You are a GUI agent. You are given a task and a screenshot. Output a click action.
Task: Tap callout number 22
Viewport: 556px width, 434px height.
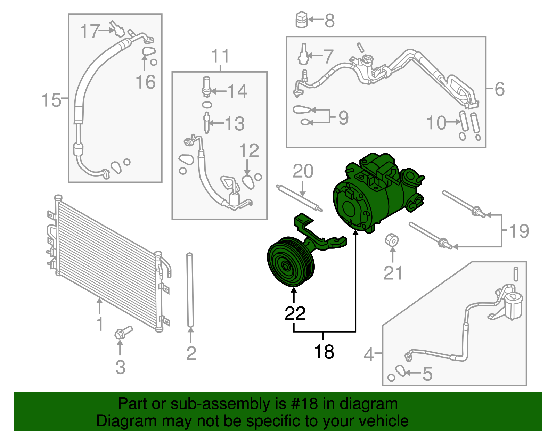pyautogui.click(x=295, y=313)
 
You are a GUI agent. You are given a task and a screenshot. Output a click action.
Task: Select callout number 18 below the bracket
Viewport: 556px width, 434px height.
pyautogui.click(x=324, y=351)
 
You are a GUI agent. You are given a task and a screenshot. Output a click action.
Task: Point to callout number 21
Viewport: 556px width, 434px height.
pyautogui.click(x=393, y=273)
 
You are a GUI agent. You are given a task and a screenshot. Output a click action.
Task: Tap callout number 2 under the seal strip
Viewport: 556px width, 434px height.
pyautogui.click(x=191, y=353)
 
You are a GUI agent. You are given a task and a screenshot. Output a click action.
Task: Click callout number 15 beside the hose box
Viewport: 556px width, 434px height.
pyautogui.click(x=51, y=100)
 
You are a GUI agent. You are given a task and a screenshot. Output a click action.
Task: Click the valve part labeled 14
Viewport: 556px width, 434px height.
pyautogui.click(x=206, y=87)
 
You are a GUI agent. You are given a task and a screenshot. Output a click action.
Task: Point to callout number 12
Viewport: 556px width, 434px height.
pyautogui.click(x=249, y=151)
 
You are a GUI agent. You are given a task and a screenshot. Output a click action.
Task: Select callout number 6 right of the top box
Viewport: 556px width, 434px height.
pyautogui.click(x=499, y=89)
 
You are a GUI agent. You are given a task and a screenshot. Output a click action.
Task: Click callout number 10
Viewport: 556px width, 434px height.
pyautogui.click(x=436, y=123)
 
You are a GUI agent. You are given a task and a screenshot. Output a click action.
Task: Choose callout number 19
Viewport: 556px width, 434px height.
pyautogui.click(x=519, y=231)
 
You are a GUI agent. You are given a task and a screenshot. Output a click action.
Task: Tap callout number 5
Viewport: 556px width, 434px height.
pyautogui.click(x=427, y=374)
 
